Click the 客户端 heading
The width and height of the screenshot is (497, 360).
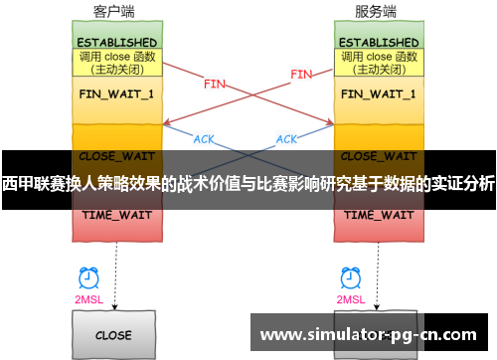point(113,12)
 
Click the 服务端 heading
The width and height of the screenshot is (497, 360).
point(375,12)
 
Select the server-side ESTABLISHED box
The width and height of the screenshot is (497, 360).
point(379,43)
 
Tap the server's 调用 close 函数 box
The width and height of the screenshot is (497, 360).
point(379,63)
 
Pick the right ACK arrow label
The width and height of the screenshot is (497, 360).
point(286,139)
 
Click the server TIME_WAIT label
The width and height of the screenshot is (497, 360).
point(379,215)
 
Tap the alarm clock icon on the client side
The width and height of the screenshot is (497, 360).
point(87,277)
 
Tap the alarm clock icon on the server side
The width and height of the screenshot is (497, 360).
point(349,277)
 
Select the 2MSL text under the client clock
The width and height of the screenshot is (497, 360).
point(87,298)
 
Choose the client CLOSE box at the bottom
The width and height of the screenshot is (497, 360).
point(113,335)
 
